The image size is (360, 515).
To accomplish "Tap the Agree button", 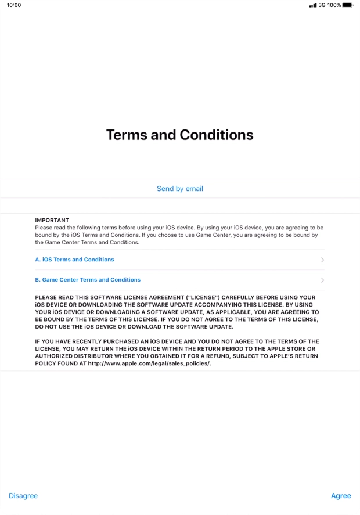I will pyautogui.click(x=341, y=496).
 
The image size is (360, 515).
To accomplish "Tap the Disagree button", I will pyautogui.click(x=23, y=496).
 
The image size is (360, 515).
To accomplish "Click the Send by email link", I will pyautogui.click(x=180, y=189).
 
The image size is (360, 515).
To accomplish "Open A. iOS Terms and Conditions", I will pyautogui.click(x=74, y=260).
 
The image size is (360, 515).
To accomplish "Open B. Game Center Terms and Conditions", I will pyautogui.click(x=88, y=280).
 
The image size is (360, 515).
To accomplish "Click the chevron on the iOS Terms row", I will pyautogui.click(x=322, y=260).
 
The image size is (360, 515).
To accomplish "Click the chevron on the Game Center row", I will pyautogui.click(x=322, y=280).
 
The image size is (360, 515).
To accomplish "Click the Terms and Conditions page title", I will pyautogui.click(x=180, y=135).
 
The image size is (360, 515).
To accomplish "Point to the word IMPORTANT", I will pyautogui.click(x=52, y=220).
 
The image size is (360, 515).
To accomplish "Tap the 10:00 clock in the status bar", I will pyautogui.click(x=14, y=5).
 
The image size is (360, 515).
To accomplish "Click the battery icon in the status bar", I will pyautogui.click(x=348, y=5).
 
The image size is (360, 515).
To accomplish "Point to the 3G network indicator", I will pyautogui.click(x=322, y=5).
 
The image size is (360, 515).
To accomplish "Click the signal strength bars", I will pyautogui.click(x=313, y=5).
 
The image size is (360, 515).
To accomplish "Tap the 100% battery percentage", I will pyautogui.click(x=334, y=5).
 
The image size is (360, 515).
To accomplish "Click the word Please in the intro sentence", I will pyautogui.click(x=43, y=228).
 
